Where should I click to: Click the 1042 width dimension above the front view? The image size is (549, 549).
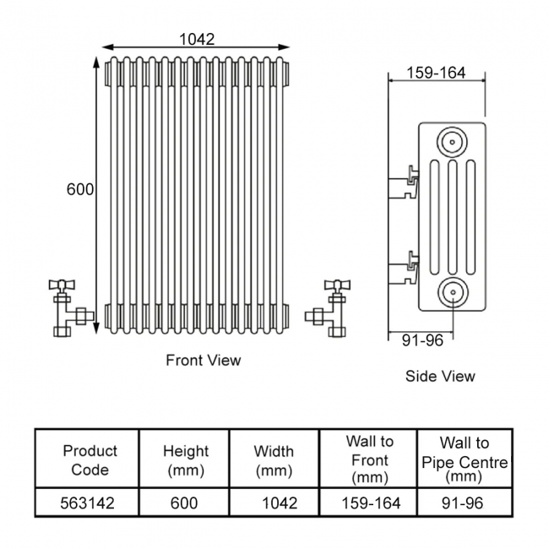click(x=197, y=39)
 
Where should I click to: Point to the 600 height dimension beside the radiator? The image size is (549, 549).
click(x=80, y=190)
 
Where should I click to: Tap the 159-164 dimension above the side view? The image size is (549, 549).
click(x=436, y=73)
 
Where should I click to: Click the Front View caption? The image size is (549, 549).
click(x=203, y=361)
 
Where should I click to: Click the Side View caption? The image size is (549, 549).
click(x=440, y=376)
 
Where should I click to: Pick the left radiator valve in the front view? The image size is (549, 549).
click(x=67, y=306)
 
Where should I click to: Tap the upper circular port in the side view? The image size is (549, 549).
click(x=452, y=140)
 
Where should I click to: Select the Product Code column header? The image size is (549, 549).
click(x=90, y=460)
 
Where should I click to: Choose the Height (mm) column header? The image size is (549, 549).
click(x=185, y=460)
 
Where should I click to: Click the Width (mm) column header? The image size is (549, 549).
click(x=274, y=460)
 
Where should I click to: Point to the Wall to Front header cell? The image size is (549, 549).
click(x=369, y=460)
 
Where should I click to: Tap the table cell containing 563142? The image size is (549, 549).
click(x=88, y=503)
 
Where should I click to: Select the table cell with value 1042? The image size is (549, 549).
click(x=280, y=503)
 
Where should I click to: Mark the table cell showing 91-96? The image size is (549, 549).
click(x=464, y=503)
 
